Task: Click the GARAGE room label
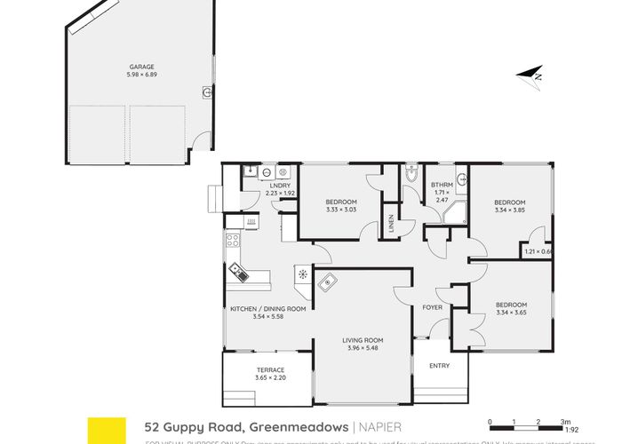point(140,67)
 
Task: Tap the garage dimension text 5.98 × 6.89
point(140,75)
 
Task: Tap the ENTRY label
point(439,366)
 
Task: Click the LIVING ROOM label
point(363,339)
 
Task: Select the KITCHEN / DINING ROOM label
point(267,308)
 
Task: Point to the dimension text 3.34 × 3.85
point(510,210)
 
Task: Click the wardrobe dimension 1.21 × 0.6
point(538,251)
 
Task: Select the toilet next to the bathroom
point(410,174)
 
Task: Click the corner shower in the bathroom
point(458,210)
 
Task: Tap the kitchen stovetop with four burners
point(232,240)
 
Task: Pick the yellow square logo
point(103,429)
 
